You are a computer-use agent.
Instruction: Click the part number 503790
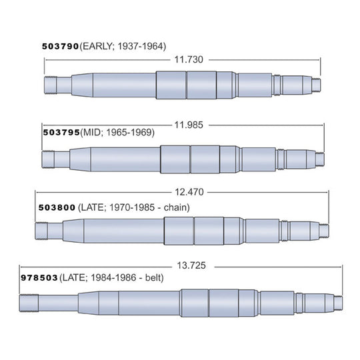pyautogui.click(x=61, y=47)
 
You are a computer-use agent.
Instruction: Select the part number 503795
pyautogui.click(x=61, y=133)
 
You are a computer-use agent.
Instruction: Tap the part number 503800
pyautogui.click(x=57, y=207)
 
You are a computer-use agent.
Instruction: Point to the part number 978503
pyautogui.click(x=39, y=278)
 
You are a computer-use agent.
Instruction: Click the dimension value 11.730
pyautogui.click(x=189, y=60)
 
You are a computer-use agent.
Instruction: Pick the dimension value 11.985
pyautogui.click(x=189, y=125)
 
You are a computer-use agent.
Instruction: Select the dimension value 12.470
pyautogui.click(x=189, y=192)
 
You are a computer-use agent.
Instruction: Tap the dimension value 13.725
pyautogui.click(x=191, y=265)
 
